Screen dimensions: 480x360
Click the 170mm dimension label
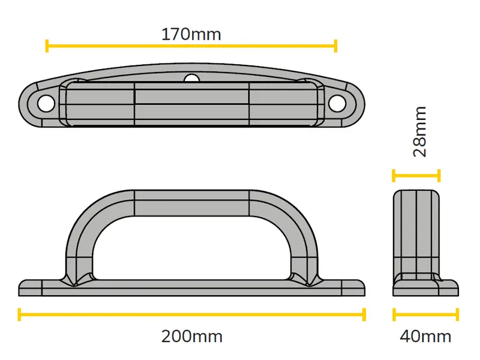tap(191, 34)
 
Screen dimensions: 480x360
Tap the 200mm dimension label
tap(192, 337)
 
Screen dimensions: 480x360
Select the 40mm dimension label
tap(425, 337)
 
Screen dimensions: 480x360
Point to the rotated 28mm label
tap(419, 131)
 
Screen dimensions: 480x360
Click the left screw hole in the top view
tap(46, 103)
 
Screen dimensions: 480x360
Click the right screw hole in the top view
tap(337, 103)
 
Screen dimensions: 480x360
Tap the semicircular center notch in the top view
tap(192, 79)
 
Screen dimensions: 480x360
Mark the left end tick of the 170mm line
tap(47, 46)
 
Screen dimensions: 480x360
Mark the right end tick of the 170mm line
tap(335, 46)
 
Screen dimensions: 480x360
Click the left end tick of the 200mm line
tap(20, 314)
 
